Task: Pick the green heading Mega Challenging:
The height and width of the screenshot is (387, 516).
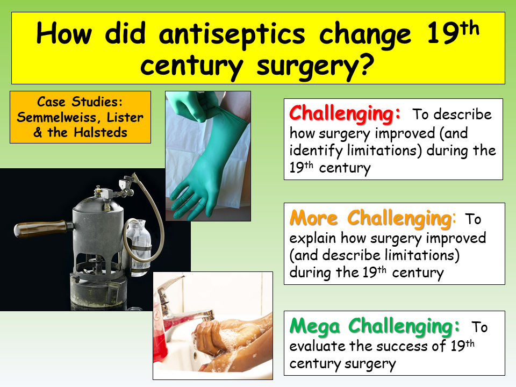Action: tap(375, 326)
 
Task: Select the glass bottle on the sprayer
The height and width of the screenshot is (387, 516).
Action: tap(139, 249)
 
